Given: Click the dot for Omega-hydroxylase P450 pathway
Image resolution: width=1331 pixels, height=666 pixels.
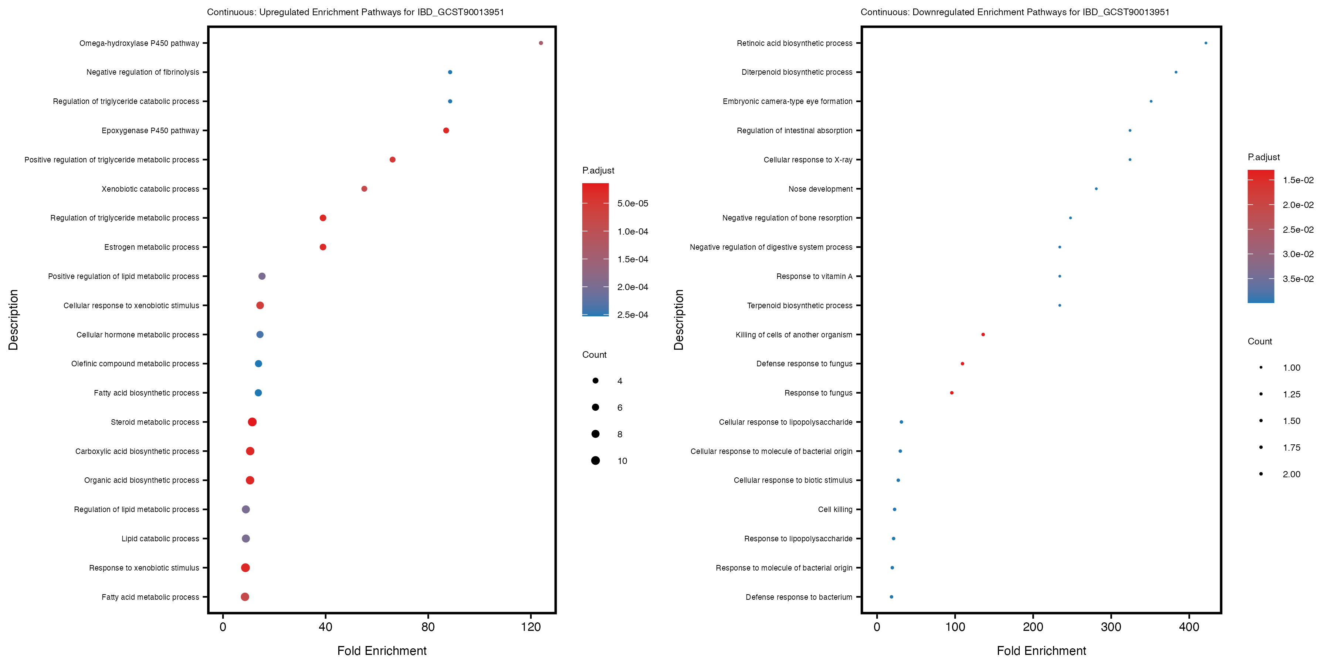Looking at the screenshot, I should (541, 43).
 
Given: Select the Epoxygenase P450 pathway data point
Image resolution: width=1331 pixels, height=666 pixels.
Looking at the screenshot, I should (446, 130).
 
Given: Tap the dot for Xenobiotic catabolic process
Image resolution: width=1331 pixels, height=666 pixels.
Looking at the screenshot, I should (364, 189).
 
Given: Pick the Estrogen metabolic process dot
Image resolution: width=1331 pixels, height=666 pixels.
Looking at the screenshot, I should (323, 247).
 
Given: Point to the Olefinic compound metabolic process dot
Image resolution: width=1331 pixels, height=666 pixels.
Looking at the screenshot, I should (258, 363).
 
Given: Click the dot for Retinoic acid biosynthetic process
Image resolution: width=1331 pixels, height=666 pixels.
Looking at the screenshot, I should (1205, 43).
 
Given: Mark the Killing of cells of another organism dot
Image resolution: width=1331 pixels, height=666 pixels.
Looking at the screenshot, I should (983, 334).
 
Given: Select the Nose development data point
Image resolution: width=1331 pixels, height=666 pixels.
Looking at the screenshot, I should (1096, 189).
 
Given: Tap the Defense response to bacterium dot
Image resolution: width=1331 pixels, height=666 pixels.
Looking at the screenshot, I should (891, 597).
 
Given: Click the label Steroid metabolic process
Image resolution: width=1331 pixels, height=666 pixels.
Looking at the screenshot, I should (155, 422).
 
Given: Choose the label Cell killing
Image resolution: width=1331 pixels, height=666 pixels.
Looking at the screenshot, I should (835, 509).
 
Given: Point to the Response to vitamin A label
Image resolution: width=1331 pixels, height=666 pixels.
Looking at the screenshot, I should (814, 276).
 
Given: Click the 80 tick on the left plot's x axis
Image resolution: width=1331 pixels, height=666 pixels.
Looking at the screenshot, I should (428, 627).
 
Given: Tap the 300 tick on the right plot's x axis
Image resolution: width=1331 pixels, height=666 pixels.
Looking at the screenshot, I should (1111, 627).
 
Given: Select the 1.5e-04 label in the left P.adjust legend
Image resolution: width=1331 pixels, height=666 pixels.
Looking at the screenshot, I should (633, 259).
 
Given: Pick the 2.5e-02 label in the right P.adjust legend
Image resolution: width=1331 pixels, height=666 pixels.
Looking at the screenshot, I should (1298, 229).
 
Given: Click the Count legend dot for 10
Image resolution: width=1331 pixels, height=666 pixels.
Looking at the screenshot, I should (595, 460).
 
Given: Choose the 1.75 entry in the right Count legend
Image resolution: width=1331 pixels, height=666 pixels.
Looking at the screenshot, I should (1261, 447).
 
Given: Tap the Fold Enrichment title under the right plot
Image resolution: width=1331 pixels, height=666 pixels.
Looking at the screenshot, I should (1041, 650).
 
